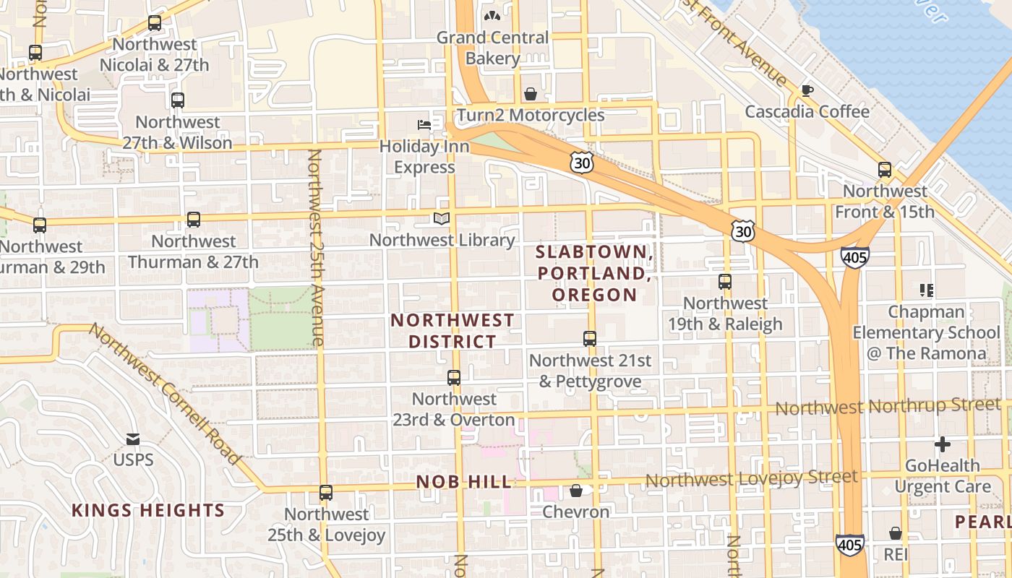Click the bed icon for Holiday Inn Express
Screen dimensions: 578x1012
coord(424,125)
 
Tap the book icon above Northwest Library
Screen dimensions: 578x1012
coord(441,218)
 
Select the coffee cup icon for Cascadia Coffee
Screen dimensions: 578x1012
coord(807,90)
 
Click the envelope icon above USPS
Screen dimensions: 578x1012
coord(133,439)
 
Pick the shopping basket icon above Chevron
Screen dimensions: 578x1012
coord(576,491)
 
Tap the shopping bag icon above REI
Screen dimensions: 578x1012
coord(896,533)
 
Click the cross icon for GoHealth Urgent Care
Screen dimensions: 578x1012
coord(943,444)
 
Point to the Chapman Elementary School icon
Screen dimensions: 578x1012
coord(927,290)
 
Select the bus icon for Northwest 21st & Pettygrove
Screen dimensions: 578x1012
coord(590,338)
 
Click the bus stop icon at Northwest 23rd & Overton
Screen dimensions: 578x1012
coord(454,377)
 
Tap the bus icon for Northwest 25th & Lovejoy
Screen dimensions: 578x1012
coord(326,493)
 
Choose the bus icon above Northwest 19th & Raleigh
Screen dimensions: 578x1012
coord(725,282)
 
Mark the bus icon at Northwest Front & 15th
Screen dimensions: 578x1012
coord(885,170)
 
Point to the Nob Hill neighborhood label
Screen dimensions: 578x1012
coord(464,482)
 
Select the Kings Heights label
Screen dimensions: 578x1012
coord(148,511)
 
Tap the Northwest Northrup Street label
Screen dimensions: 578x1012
coord(888,407)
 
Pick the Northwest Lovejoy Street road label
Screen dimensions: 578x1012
coord(752,478)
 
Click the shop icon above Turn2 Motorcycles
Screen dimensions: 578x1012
coord(531,94)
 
